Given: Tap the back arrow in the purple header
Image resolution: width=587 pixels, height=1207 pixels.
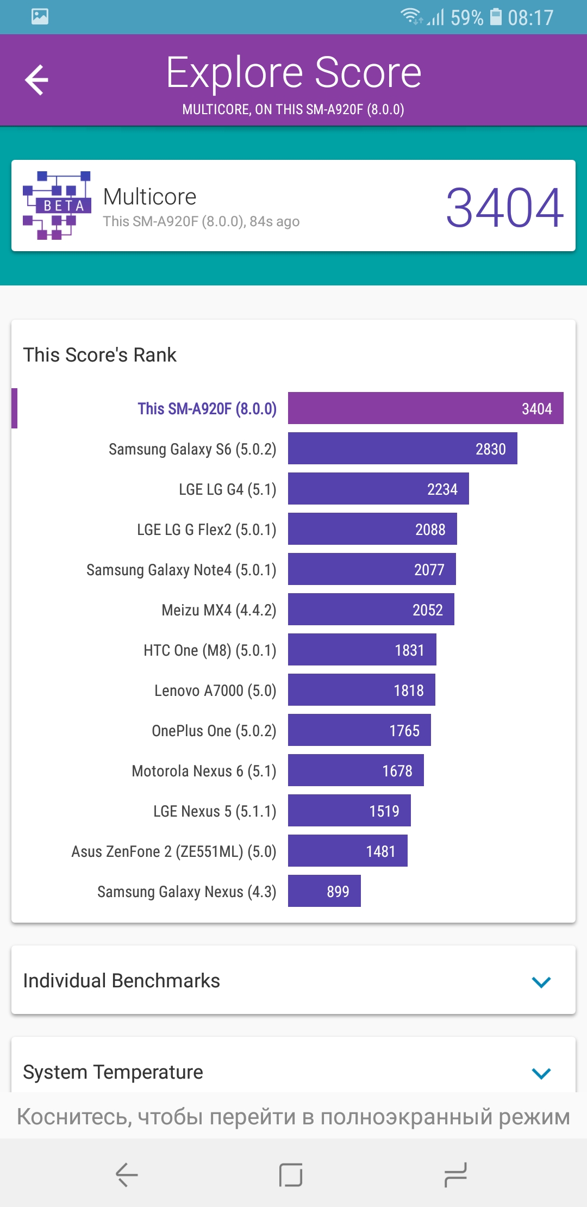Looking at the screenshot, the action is (x=37, y=80).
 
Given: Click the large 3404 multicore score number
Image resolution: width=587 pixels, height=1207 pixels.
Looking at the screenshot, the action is (x=504, y=207).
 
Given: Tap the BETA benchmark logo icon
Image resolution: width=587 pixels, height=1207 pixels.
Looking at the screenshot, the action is (x=57, y=206).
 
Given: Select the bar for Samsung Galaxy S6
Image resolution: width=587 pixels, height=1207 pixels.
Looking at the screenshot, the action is (x=402, y=449).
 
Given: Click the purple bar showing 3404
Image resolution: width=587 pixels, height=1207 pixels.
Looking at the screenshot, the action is (x=426, y=408).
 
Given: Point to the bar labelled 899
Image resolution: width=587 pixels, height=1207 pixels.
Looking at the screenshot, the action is (x=324, y=891).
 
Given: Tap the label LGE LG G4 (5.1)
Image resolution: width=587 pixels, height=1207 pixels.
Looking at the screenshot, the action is (x=228, y=489).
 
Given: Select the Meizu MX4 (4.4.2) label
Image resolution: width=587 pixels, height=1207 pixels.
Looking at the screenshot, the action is (x=219, y=610).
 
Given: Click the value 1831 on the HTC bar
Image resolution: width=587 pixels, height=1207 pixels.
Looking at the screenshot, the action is (x=409, y=650).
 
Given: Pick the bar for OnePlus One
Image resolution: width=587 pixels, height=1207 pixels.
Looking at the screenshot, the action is (x=359, y=730).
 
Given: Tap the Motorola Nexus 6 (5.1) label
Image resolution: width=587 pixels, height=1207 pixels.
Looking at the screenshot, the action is (x=204, y=771).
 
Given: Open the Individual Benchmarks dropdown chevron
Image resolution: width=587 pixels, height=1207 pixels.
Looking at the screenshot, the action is (x=541, y=982).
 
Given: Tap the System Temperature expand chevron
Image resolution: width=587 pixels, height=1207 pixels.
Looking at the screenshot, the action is (x=541, y=1073).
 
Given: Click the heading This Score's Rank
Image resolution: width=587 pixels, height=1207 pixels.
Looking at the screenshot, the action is (x=100, y=355).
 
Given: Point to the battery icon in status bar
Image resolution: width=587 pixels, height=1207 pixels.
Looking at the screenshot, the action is (x=496, y=17).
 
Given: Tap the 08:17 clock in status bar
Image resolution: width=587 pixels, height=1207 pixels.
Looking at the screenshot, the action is (x=530, y=18).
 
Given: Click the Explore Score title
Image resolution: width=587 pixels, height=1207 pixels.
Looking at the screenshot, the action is (x=293, y=72).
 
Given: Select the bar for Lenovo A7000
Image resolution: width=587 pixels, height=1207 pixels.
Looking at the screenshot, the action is (x=361, y=690).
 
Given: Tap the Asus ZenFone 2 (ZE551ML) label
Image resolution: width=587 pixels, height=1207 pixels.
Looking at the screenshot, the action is (x=174, y=851).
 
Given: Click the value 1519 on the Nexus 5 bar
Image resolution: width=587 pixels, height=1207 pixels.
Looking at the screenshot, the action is (x=384, y=811).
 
